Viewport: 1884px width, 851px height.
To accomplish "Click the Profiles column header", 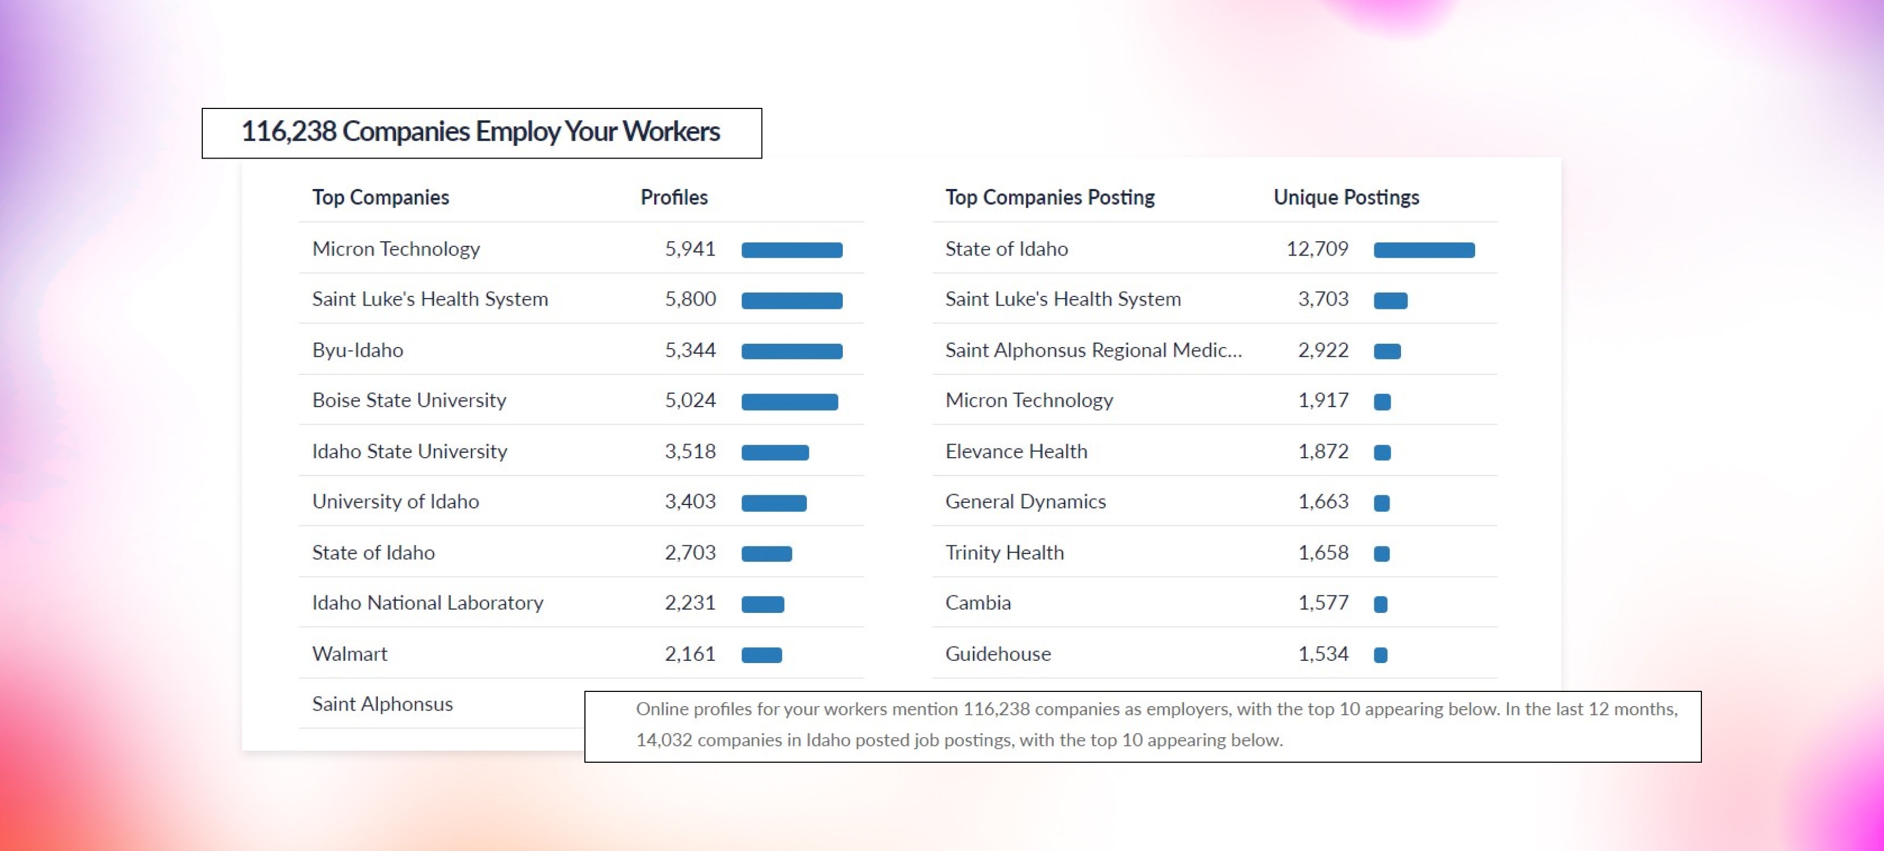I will point(674,197).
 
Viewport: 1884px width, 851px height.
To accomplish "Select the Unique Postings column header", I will point(1346,197).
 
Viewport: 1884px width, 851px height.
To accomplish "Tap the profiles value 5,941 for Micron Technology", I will point(690,250).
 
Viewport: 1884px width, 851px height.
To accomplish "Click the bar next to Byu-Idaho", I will point(792,351).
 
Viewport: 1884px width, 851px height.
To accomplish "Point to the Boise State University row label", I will point(409,400).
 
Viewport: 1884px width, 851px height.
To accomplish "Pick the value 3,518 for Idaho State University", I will point(690,452).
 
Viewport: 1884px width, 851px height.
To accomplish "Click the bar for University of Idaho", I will point(774,503).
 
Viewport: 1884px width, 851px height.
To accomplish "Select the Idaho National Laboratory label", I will point(427,603).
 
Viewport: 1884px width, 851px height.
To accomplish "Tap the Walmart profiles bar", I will point(762,655).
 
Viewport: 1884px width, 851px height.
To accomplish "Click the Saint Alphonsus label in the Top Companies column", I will point(382,704).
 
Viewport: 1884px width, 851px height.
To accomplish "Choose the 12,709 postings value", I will point(1317,250).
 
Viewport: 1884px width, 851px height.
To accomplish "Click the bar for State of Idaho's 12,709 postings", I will point(1424,250).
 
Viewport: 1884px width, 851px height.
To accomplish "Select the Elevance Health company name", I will point(1016,452).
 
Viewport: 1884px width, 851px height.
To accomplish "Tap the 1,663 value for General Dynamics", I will point(1323,502).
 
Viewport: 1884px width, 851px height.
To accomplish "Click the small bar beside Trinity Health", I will point(1381,554).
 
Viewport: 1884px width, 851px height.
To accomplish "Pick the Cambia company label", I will point(978,603).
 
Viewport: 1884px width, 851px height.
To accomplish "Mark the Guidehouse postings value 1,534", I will point(1323,654).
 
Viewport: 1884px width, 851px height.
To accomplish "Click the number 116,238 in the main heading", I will point(289,132).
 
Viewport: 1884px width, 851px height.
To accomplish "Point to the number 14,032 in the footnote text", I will point(663,740).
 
